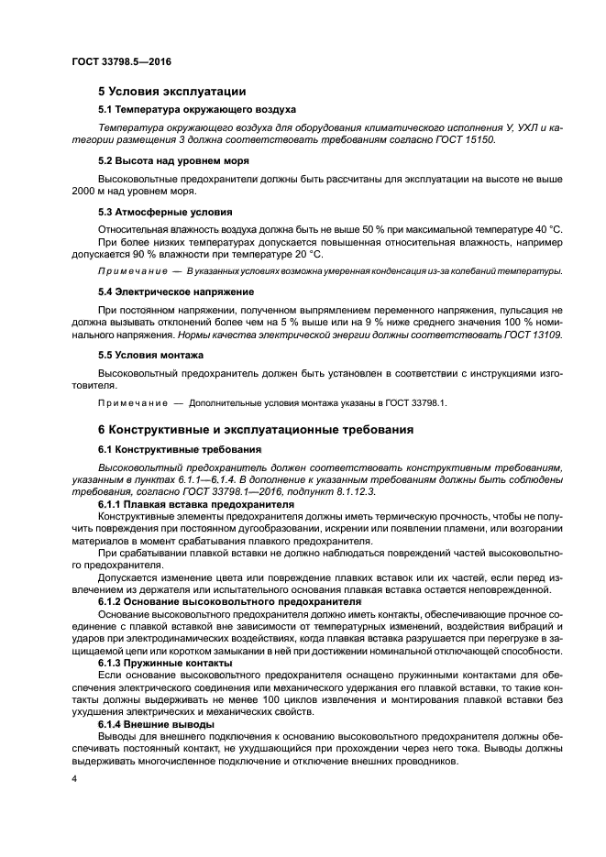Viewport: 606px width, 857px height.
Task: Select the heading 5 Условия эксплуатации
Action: point(171,91)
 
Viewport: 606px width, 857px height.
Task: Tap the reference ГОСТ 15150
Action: point(469,138)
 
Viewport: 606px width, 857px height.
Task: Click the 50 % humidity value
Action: point(364,226)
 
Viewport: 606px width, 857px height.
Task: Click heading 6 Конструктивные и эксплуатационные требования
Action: point(256,429)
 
